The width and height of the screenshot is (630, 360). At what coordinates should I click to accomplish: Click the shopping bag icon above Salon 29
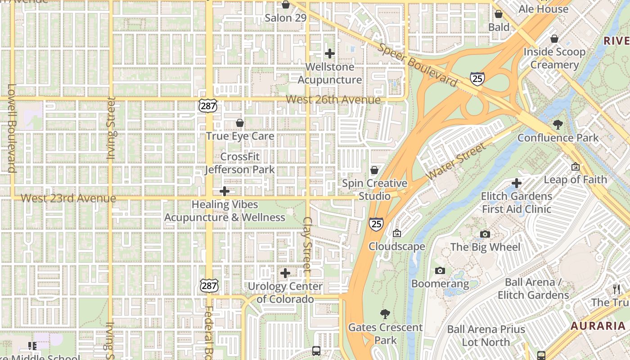point(285,5)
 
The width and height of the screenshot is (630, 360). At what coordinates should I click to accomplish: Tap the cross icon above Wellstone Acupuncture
point(330,54)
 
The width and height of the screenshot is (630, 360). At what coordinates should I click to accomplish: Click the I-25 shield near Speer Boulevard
point(477,79)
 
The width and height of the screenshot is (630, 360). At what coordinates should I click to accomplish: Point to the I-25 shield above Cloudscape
point(376,224)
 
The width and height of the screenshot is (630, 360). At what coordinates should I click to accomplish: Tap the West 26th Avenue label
point(333,99)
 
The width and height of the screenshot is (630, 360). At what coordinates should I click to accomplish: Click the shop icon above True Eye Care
point(240,123)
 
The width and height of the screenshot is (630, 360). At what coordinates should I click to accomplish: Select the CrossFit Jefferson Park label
point(240,163)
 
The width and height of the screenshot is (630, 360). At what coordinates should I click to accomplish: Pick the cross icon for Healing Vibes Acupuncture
point(224,191)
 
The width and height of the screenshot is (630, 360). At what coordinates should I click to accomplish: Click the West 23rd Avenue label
point(68,198)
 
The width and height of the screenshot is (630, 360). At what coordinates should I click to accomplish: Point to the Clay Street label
point(307,245)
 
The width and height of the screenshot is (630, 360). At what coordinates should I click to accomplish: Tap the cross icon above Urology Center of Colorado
point(285,273)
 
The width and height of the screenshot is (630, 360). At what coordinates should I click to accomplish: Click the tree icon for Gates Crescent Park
point(385,314)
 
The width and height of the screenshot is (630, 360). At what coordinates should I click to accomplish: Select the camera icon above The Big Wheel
point(485,234)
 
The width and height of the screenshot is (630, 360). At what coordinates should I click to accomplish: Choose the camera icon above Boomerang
point(440,270)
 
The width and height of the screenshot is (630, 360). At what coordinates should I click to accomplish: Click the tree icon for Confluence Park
point(558,125)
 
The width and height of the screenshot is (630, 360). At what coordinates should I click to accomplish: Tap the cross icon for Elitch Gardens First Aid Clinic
point(517,183)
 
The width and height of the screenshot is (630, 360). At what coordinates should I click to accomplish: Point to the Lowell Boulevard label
point(11,128)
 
